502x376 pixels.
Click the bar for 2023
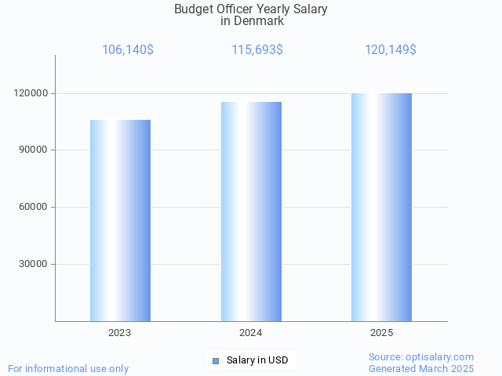(x=120, y=220)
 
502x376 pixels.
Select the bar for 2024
(x=251, y=211)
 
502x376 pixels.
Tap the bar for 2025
(x=381, y=207)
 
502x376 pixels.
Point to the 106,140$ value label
(x=128, y=50)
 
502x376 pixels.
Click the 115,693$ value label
(x=257, y=50)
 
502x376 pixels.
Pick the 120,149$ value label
(x=390, y=50)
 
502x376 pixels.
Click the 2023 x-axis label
(x=120, y=333)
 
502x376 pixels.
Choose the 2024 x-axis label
(x=251, y=333)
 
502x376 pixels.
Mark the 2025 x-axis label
(x=382, y=333)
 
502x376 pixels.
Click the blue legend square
(x=216, y=360)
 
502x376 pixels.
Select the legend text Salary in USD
(x=257, y=360)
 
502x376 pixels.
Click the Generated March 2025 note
(x=421, y=368)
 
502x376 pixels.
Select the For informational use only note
(x=68, y=368)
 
